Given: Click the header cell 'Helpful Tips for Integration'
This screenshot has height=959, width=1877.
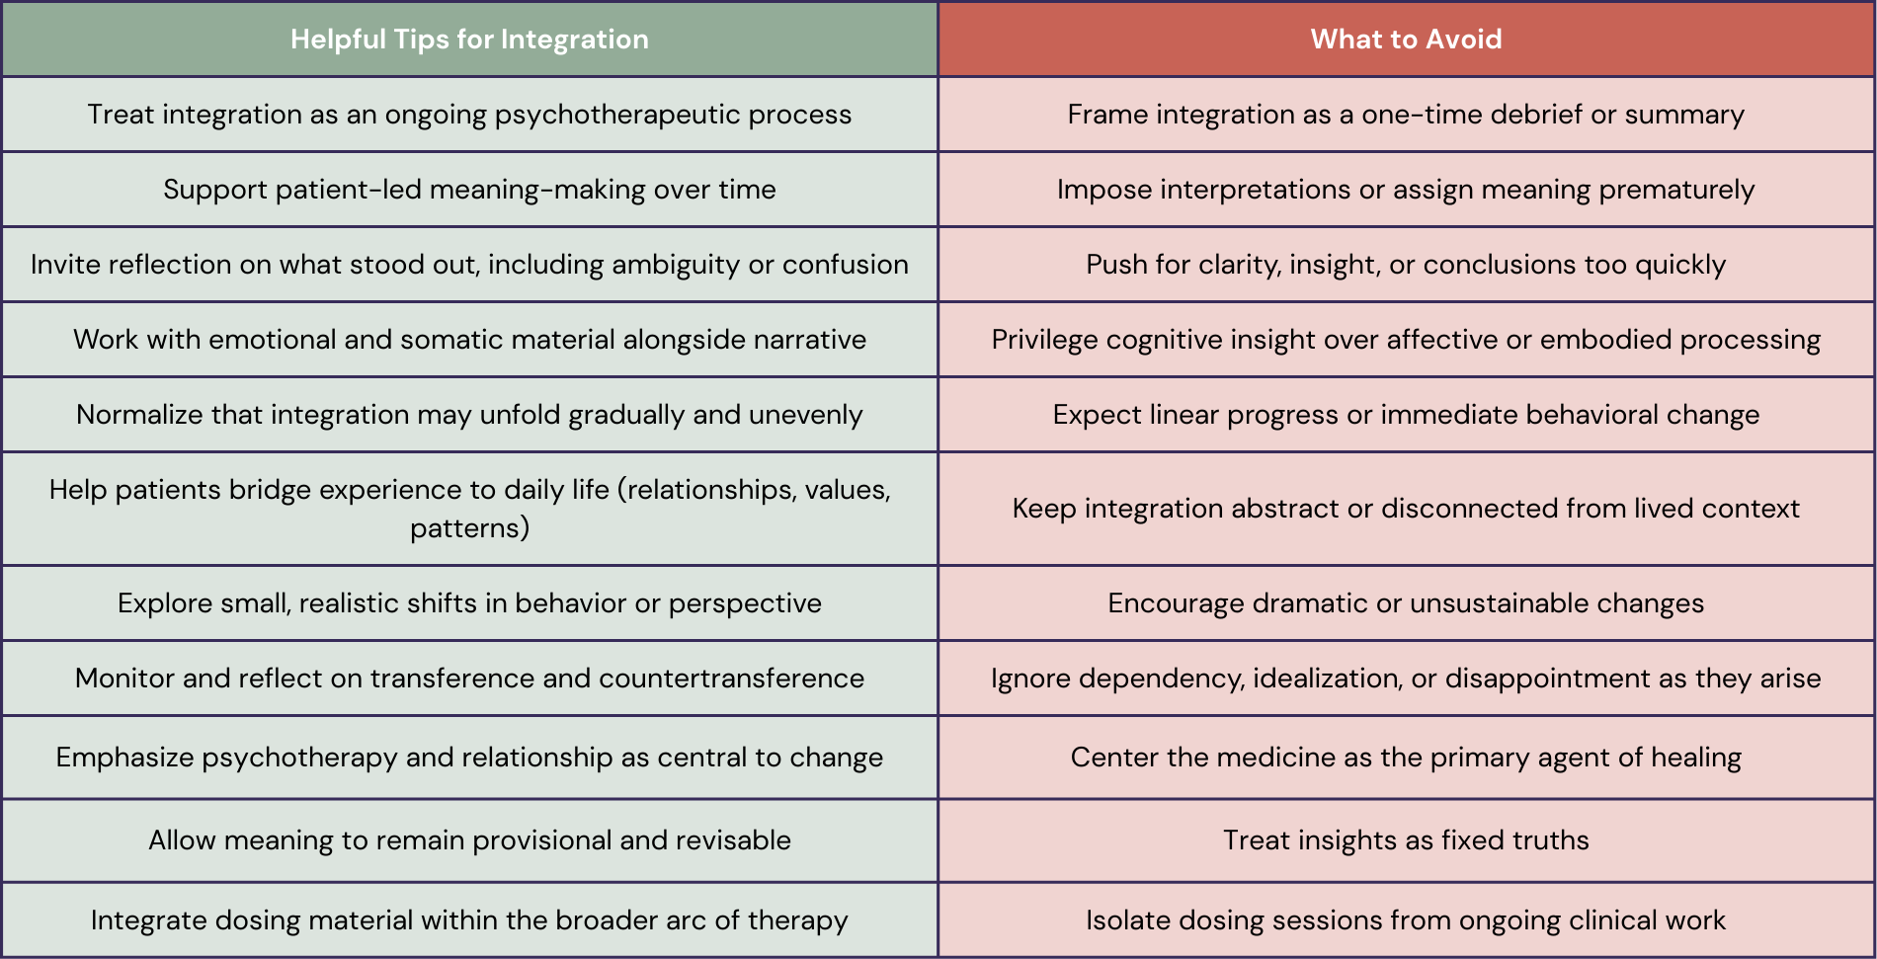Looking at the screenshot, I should pyautogui.click(x=469, y=40).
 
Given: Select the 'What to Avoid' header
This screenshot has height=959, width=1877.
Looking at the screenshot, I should pyautogui.click(x=1406, y=40).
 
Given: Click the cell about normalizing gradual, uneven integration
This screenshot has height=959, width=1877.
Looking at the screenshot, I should pyautogui.click(x=469, y=415).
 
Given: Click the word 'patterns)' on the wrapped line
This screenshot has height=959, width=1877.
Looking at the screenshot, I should pyautogui.click(x=469, y=528).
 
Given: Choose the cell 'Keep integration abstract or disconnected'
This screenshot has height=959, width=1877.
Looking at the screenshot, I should pyautogui.click(x=1406, y=509).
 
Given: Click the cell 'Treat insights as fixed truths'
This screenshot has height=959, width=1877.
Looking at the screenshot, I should pyautogui.click(x=1406, y=840).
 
